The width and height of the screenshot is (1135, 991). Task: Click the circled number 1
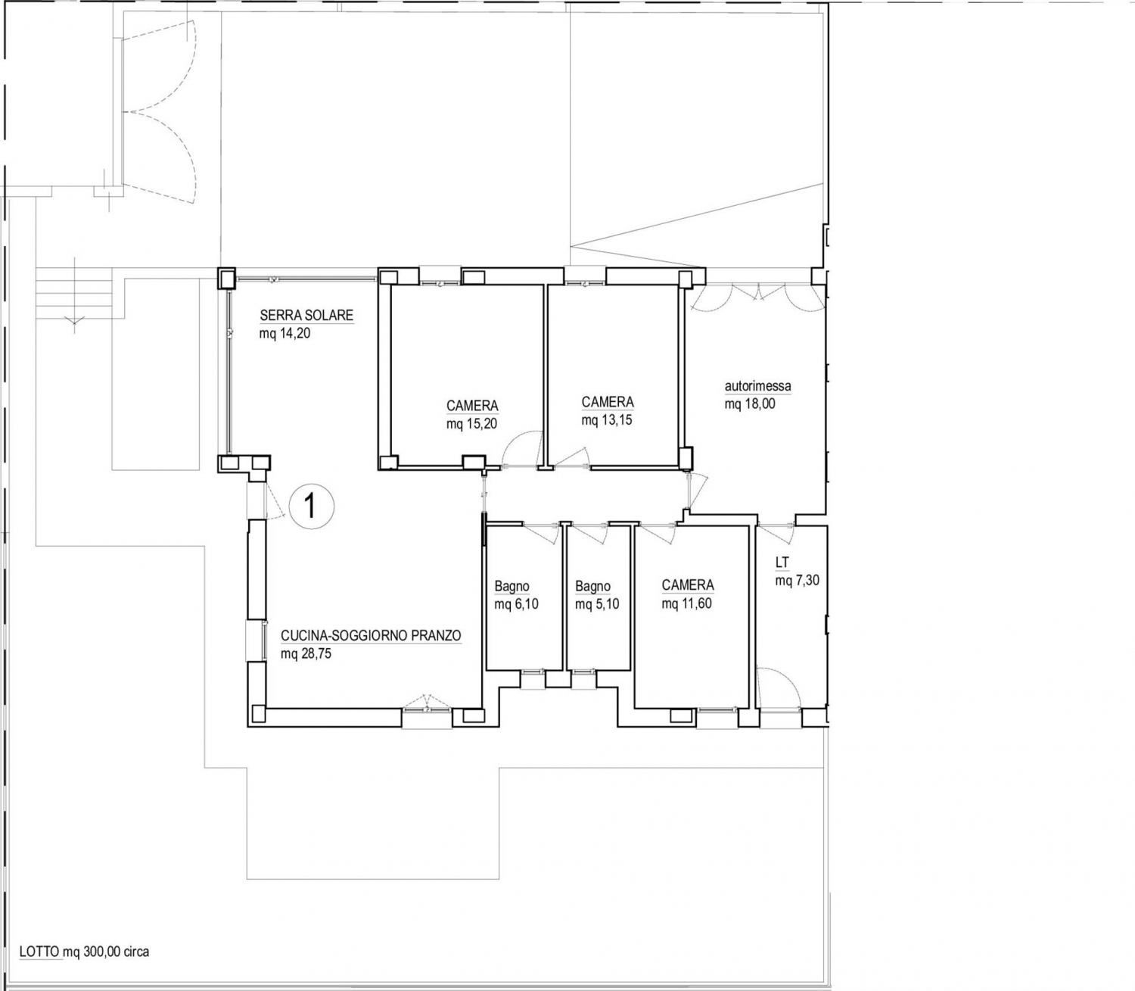[x=311, y=506]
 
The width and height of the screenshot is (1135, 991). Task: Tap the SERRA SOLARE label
[x=306, y=315]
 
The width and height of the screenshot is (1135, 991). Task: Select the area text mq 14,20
[x=285, y=333]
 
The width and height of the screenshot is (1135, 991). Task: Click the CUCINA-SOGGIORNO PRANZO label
[x=371, y=635]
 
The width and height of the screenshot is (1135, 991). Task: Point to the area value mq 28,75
[x=306, y=653]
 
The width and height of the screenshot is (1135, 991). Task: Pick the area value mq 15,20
[x=471, y=424]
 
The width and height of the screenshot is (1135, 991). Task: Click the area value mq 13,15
[x=607, y=420]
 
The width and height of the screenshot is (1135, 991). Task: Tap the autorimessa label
[x=757, y=385]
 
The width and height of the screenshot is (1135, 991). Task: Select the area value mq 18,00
[x=750, y=404]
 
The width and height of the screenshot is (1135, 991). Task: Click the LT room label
[x=782, y=563]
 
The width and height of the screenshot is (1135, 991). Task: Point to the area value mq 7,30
[x=798, y=581]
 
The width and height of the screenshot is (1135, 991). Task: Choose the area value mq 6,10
[x=517, y=604]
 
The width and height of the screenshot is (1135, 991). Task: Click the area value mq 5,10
[x=597, y=604]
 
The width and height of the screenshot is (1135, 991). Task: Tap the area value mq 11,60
[x=687, y=603]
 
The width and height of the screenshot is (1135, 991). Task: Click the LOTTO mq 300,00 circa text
[x=84, y=952]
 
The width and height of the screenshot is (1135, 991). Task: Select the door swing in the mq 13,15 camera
[x=572, y=457]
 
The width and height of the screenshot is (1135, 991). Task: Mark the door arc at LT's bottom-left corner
[x=779, y=687]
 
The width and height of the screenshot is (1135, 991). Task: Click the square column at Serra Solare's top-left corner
[x=226, y=279]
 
